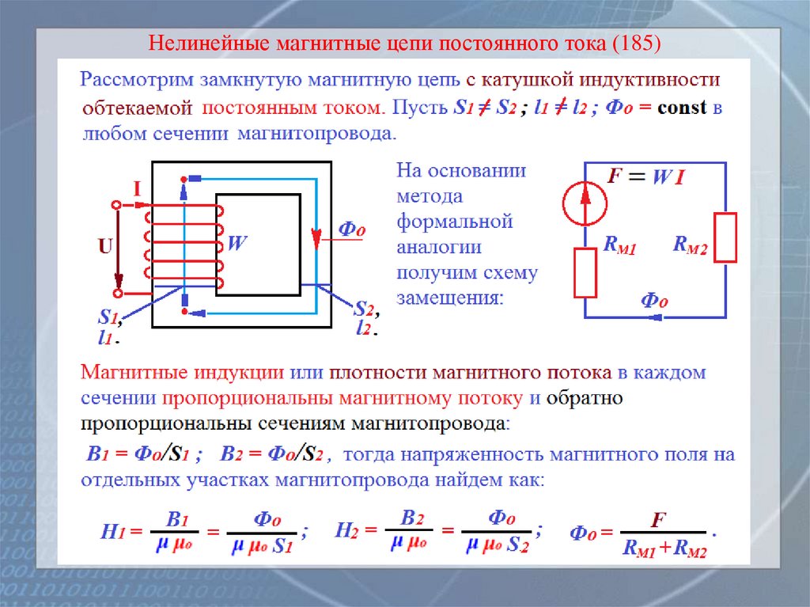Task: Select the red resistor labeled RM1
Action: point(585,272)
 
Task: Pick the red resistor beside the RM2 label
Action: point(725,237)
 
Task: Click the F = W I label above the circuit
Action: point(645,176)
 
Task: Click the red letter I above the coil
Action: point(137,189)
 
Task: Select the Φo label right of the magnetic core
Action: point(351,230)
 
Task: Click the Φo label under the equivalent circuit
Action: point(654,300)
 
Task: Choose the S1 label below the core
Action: point(108,317)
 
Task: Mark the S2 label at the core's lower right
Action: point(364,309)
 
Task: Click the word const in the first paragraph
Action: point(681,108)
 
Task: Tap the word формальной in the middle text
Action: point(454,221)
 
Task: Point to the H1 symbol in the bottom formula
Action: point(111,531)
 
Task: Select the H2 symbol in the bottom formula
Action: point(347,530)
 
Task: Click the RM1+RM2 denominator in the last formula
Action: point(664,548)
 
